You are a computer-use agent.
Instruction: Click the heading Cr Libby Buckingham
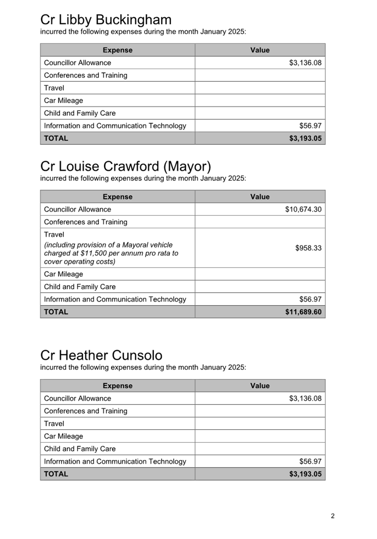106,20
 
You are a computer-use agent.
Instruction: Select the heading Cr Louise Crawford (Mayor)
125,166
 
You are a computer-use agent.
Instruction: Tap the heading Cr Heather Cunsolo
101,355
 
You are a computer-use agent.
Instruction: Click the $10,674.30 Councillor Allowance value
303,209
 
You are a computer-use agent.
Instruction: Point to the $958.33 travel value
308,248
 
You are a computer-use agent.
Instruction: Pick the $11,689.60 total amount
303,312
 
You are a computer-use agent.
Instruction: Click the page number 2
332,516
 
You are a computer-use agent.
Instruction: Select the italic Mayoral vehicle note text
111,253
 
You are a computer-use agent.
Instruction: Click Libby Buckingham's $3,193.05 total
305,138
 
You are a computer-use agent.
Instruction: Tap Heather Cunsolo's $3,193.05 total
305,474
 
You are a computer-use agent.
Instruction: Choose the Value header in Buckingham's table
260,50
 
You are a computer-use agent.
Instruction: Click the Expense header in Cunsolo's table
118,386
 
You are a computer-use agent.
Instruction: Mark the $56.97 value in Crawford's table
310,299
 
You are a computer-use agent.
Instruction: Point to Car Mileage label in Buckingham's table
63,100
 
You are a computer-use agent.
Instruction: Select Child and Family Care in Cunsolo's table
80,449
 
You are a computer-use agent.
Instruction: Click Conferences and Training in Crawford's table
86,222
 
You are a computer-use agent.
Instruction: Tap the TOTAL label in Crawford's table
56,312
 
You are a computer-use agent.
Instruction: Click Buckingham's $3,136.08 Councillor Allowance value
305,63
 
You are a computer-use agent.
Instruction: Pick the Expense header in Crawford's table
118,197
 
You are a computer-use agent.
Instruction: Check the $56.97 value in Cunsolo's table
310,461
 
